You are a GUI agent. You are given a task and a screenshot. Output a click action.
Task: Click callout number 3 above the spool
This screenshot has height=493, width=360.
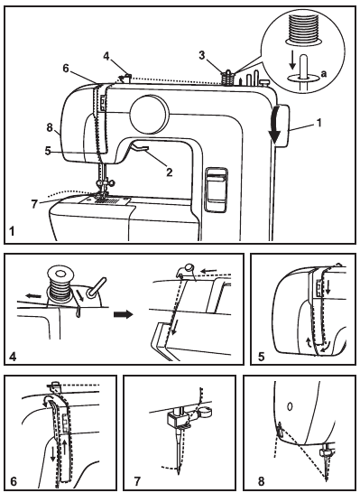tap(202, 55)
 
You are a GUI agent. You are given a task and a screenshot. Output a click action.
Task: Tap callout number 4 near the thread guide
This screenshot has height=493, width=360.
tap(106, 56)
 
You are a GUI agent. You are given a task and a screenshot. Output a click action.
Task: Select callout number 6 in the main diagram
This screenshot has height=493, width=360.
tap(66, 69)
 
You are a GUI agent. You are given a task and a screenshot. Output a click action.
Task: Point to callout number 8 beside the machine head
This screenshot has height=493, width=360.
tap(50, 128)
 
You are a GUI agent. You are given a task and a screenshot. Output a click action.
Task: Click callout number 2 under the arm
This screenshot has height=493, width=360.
tap(170, 172)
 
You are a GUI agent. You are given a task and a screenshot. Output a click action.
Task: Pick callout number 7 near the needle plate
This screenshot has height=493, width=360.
tap(35, 204)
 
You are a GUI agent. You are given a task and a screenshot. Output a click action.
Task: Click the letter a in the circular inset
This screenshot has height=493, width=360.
tap(324, 73)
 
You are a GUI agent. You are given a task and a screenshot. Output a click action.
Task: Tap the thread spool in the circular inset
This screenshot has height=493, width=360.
tap(303, 29)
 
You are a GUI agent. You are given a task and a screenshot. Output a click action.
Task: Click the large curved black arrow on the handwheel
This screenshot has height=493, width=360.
tap(275, 125)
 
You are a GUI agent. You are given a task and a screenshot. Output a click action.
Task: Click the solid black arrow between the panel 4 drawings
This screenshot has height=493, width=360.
tap(124, 314)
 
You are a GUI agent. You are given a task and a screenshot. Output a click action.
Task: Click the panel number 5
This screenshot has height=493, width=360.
tap(262, 357)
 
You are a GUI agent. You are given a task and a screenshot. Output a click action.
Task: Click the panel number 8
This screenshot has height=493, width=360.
tap(262, 481)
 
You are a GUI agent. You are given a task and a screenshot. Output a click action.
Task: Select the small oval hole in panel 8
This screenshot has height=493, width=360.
tap(290, 406)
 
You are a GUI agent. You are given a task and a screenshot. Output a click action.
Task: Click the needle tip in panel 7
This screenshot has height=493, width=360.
tap(179, 472)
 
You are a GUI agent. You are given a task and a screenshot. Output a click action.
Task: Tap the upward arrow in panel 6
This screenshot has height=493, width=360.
tap(65, 446)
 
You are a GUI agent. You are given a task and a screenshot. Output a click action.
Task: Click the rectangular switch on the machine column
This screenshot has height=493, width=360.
tap(217, 190)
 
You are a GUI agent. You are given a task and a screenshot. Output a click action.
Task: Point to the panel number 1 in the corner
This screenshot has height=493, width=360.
tap(13, 232)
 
